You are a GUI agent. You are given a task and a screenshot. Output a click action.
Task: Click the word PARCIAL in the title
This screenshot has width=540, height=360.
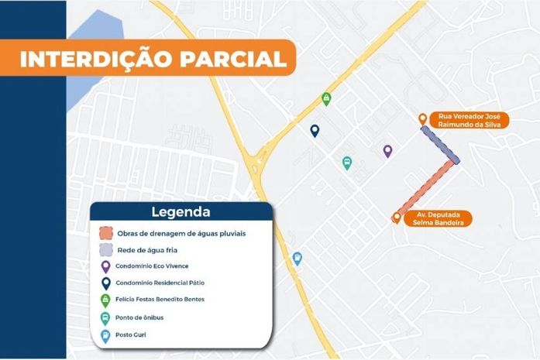tap(228, 59)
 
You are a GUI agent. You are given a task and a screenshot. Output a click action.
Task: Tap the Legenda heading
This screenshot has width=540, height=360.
tap(181, 211)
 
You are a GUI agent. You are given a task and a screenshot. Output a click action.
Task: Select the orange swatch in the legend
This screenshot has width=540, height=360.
tap(107, 232)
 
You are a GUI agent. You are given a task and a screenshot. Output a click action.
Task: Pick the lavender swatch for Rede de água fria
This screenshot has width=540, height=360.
tap(107, 250)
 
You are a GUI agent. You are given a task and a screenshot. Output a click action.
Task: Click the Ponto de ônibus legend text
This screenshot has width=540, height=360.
tap(139, 317)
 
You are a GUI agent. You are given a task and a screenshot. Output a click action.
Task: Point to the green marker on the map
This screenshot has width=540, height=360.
tap(327, 100)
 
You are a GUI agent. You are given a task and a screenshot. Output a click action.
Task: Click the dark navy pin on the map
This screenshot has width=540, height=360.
tap(315, 131)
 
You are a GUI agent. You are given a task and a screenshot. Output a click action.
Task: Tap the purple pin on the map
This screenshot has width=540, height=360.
tap(387, 151)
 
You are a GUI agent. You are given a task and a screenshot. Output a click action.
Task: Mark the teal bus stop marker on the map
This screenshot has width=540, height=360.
tap(346, 163)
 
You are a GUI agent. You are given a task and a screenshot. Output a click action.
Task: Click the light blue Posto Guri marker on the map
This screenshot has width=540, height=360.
tap(297, 259)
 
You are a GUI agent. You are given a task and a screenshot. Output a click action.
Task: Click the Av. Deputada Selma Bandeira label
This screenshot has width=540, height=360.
tap(440, 218)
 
